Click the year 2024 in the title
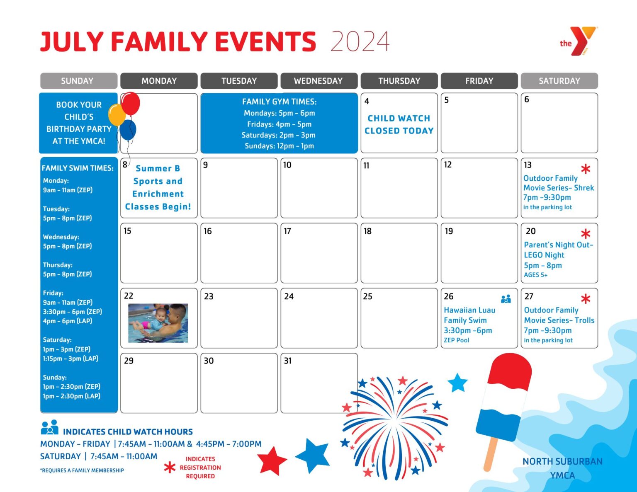click(360, 41)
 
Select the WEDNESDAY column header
click(318, 81)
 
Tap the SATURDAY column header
click(559, 81)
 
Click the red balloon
click(131, 104)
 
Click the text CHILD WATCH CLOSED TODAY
click(399, 124)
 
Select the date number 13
click(528, 165)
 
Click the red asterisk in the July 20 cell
click(586, 234)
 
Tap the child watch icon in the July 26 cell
click(506, 299)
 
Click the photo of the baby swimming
click(158, 323)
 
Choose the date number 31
click(288, 361)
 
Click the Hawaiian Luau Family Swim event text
click(469, 320)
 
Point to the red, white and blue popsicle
click(504, 398)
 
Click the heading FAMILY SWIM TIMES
click(78, 168)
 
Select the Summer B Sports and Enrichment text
click(158, 187)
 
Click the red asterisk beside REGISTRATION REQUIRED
click(170, 468)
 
